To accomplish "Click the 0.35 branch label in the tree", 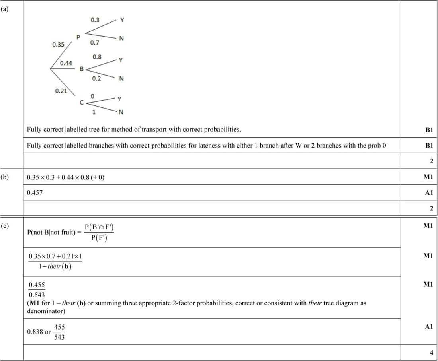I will (58, 45).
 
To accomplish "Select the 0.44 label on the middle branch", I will (66, 63).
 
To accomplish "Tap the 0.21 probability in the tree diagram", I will (61, 91).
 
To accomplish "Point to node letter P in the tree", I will (78, 37).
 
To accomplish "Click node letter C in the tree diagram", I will (82, 102).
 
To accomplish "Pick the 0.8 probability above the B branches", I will (97, 57).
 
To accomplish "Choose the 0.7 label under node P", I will (95, 43).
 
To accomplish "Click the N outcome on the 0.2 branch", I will (121, 79).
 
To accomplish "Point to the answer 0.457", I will (35, 192).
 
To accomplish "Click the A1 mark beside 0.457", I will (428, 192).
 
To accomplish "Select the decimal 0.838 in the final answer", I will (35, 332).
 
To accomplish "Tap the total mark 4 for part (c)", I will (431, 353).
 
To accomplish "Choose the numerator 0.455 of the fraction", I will (37, 285).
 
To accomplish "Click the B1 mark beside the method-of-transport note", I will (428, 130).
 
